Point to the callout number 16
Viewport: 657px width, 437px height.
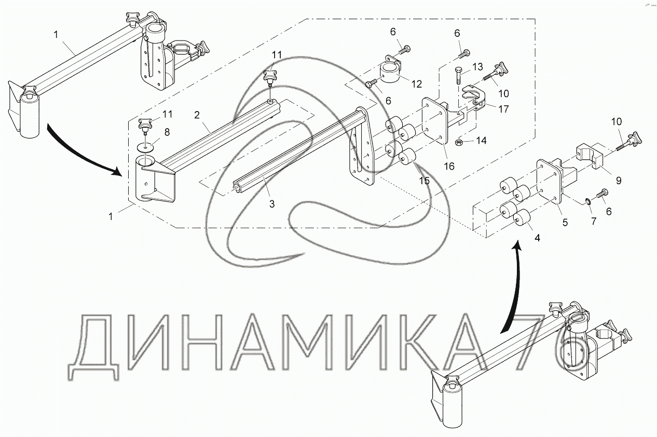(449, 166)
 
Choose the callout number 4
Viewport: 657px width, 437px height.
(537, 238)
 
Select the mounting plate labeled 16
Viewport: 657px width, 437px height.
(435, 121)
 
